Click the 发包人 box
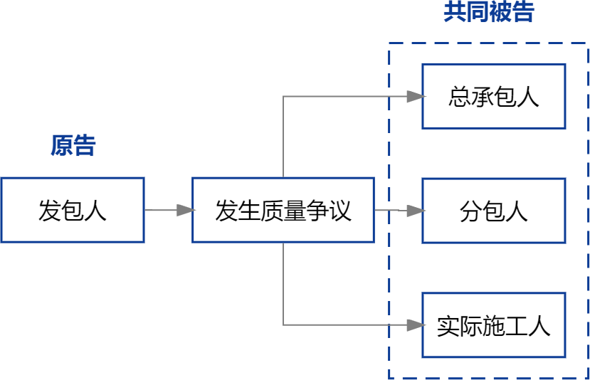pyautogui.click(x=72, y=210)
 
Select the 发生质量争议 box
pyautogui.click(x=283, y=210)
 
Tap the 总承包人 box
pyautogui.click(x=493, y=96)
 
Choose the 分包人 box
pyautogui.click(x=493, y=211)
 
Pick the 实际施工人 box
pyautogui.click(x=493, y=325)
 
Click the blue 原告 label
pyautogui.click(x=73, y=145)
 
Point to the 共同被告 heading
pyautogui.click(x=488, y=12)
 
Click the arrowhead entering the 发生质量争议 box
pyautogui.click(x=186, y=210)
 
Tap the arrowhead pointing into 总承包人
pyautogui.click(x=416, y=96)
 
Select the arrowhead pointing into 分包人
pyautogui.click(x=416, y=211)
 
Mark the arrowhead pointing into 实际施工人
pyautogui.click(x=416, y=325)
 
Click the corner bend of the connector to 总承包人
pyautogui.click(x=283, y=96)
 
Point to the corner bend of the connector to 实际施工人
pyautogui.click(x=283, y=325)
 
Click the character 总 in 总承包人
pyautogui.click(x=459, y=96)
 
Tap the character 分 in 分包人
pyautogui.click(x=470, y=211)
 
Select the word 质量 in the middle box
pyautogui.click(x=283, y=210)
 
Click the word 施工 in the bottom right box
pyautogui.click(x=493, y=325)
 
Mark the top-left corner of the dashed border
pyautogui.click(x=389, y=43)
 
